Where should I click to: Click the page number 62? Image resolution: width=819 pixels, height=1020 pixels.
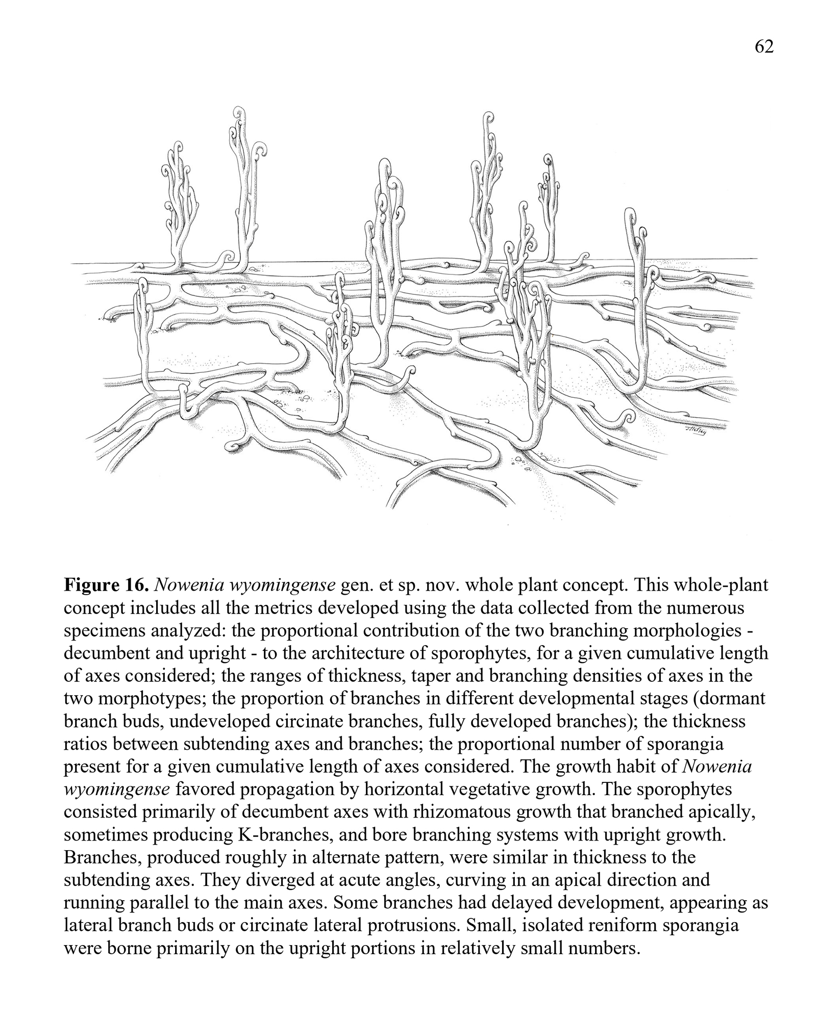pos(764,46)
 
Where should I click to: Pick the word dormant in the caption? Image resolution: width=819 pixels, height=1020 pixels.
pos(733,698)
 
